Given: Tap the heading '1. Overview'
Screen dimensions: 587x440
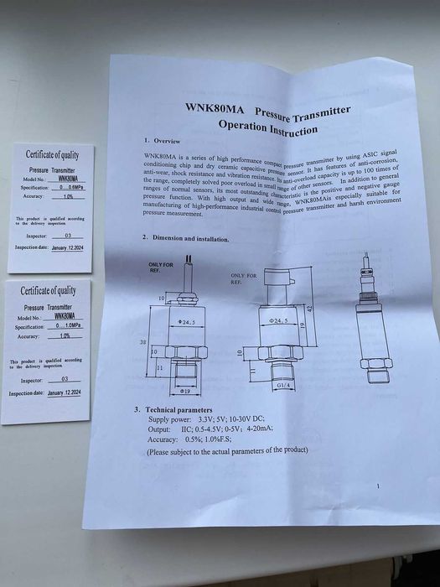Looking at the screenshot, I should pyautogui.click(x=157, y=140).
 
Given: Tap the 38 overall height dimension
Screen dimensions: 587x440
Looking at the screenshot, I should pyautogui.click(x=144, y=342).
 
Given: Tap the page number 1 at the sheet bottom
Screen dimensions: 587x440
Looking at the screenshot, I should pyautogui.click(x=378, y=486).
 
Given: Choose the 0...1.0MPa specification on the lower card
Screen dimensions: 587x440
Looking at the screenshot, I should pyautogui.click(x=62, y=327).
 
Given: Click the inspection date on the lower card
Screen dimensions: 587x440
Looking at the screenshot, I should pyautogui.click(x=65, y=392).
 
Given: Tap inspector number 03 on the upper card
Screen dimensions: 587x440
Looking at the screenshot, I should pyautogui.click(x=68, y=236).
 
